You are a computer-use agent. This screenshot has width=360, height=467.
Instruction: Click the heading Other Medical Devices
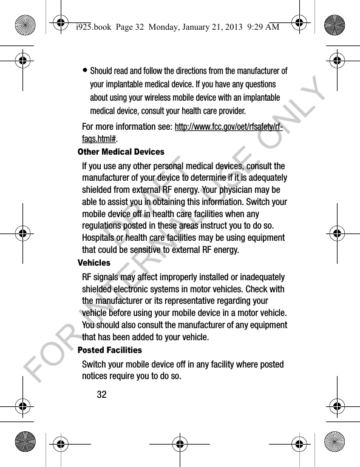[121, 152]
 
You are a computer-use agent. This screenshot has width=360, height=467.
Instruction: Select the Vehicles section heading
[94, 263]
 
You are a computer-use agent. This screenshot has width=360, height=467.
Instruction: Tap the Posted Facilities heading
[110, 350]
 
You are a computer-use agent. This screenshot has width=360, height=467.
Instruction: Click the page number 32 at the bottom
[101, 394]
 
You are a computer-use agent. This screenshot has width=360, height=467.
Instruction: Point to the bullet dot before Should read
[84, 71]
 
